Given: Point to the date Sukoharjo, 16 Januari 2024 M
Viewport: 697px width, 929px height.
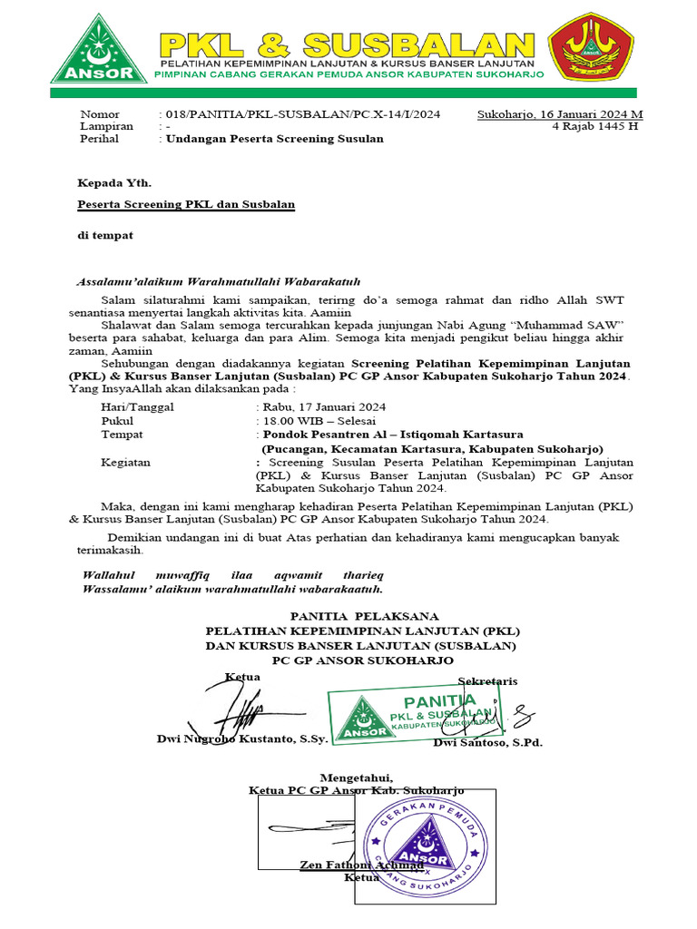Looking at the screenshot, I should click(560, 114).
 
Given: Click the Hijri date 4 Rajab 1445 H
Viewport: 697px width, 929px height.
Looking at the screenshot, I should click(595, 127).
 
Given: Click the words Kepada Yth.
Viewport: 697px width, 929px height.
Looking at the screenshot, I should click(108, 182).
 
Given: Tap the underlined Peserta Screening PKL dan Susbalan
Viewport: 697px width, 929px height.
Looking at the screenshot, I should click(186, 205).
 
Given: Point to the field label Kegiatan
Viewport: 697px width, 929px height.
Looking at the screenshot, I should click(125, 463).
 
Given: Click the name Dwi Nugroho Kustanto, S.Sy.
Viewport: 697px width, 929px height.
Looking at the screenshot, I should click(242, 739).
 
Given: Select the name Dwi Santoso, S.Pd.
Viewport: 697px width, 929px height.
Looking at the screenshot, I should click(487, 743).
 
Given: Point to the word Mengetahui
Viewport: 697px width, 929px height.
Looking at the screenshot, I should click(357, 777).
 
